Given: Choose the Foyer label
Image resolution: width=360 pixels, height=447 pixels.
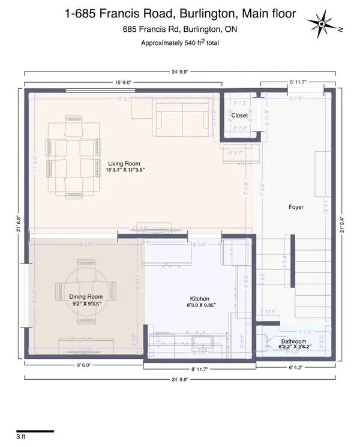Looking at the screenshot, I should (x=295, y=207).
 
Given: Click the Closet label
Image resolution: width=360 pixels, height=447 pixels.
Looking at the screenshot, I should (x=239, y=115).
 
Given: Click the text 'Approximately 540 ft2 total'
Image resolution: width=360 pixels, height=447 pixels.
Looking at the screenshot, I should (x=180, y=43).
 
